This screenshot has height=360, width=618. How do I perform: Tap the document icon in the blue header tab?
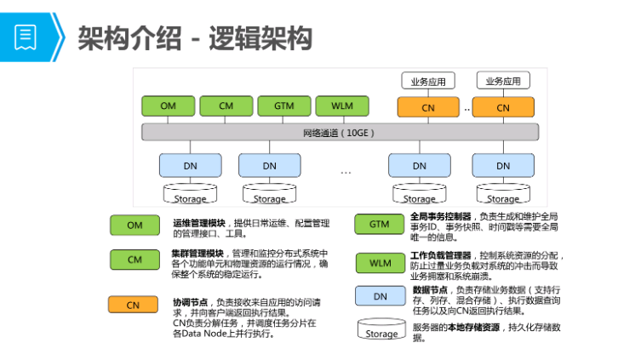[25, 37]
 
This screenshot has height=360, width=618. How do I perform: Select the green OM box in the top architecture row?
[168, 106]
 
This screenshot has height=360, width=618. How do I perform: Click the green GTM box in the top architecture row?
[283, 106]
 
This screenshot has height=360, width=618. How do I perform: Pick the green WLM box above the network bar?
[341, 106]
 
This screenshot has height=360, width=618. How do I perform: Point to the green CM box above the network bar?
[226, 106]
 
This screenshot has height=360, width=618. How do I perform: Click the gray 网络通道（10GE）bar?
[339, 133]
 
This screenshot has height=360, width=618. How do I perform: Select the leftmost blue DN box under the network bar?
[190, 165]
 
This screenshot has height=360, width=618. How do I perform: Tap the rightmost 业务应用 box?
[503, 82]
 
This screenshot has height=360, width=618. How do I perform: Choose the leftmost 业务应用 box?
[428, 82]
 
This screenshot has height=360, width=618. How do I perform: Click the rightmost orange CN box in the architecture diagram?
[503, 107]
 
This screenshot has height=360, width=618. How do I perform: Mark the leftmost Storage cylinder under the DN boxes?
[190, 196]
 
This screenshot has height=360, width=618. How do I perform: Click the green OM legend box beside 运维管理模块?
[134, 226]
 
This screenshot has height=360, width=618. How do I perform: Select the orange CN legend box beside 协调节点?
[133, 305]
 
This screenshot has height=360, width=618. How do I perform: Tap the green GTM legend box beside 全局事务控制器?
[380, 225]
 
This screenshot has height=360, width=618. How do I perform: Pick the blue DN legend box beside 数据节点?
[380, 296]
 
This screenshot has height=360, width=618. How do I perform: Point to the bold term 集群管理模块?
[197, 254]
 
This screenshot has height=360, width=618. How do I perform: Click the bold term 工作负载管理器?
[440, 254]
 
